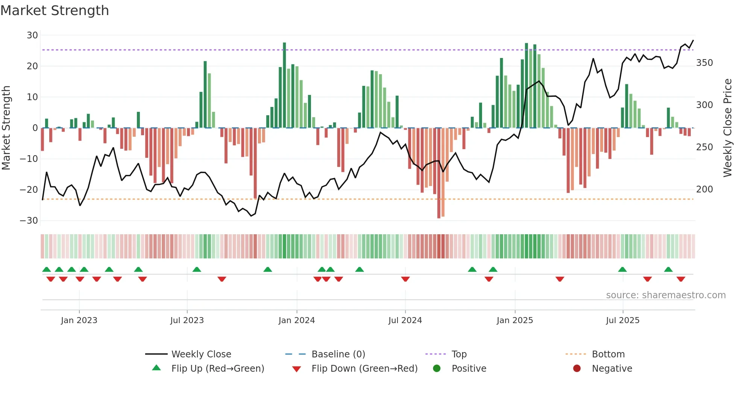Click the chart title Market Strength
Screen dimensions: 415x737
55,11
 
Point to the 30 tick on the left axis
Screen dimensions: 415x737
32,35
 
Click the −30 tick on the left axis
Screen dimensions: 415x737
29,221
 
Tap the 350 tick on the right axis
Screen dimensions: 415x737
704,63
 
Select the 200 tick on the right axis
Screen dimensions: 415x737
704,189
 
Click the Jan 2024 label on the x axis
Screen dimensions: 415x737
297,320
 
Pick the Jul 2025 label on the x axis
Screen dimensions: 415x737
623,320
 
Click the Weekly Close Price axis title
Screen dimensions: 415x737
728,128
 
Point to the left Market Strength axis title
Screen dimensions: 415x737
6,128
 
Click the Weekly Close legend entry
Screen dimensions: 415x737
201,354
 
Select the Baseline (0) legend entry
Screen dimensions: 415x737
338,354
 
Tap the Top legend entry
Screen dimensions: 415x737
459,354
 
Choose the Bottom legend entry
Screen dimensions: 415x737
608,354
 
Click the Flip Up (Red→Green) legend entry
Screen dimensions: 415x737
218,369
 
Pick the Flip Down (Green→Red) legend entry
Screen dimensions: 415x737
364,369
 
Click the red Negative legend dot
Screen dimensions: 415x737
577,368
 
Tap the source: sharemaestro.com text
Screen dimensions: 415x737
666,295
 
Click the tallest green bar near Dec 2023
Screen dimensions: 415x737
284,85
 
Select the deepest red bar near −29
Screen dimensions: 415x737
439,173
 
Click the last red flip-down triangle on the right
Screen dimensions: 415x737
681,279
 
